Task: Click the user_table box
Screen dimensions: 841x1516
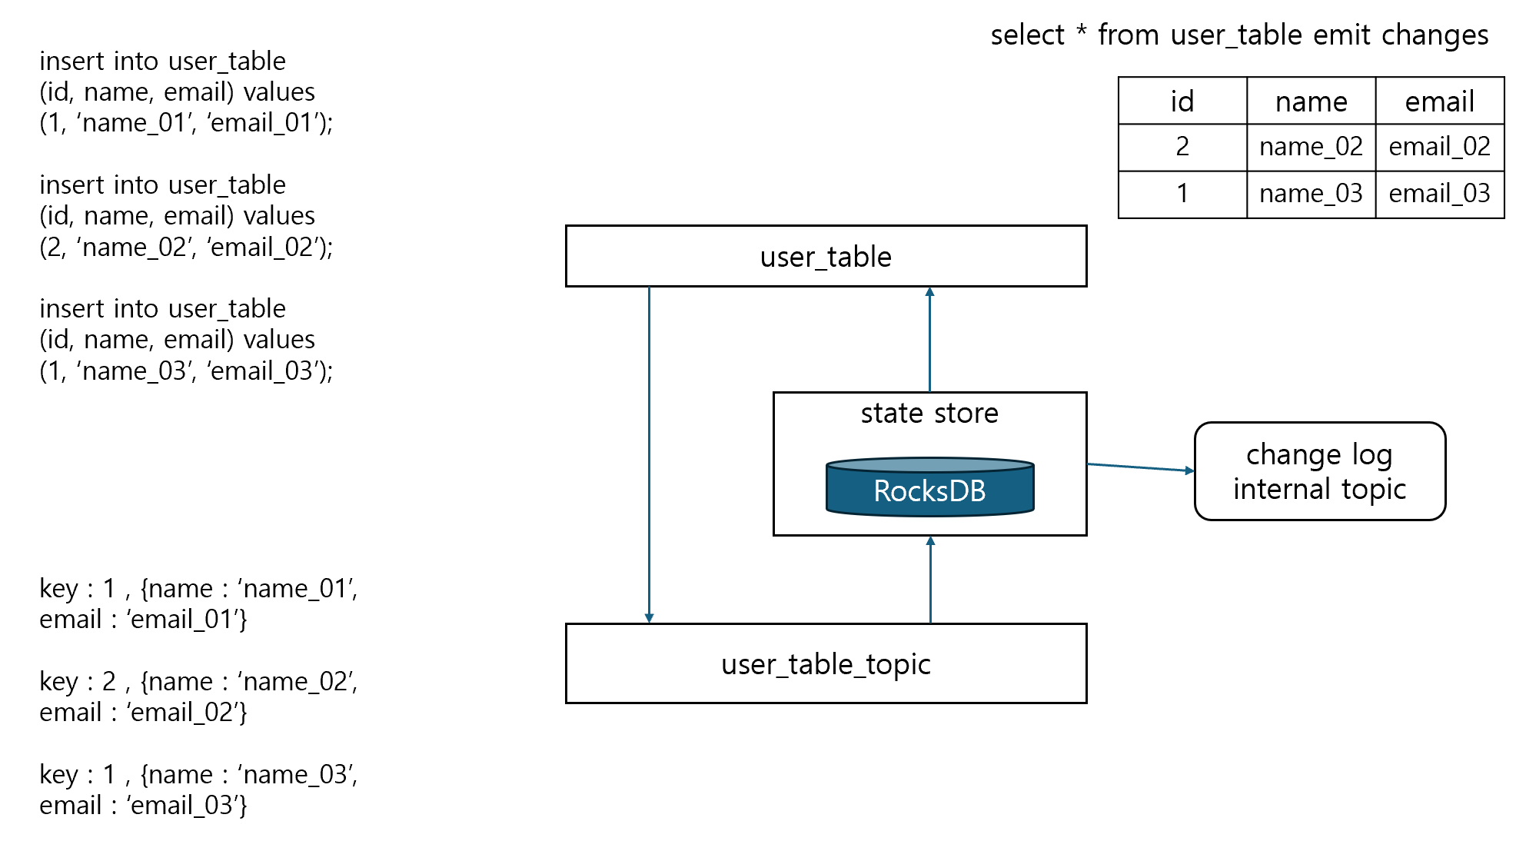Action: [826, 256]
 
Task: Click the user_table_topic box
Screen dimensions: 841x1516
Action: [826, 663]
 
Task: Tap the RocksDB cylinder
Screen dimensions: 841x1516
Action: [929, 489]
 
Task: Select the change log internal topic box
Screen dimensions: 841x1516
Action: [1319, 471]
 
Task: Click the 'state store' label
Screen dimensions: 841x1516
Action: [929, 414]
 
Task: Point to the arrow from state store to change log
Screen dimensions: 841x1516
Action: [1140, 467]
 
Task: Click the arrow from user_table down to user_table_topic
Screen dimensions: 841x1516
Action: [649, 454]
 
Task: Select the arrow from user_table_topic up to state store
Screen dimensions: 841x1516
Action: [930, 580]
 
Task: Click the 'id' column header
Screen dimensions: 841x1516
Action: [1182, 101]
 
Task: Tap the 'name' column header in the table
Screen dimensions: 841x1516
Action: [1311, 101]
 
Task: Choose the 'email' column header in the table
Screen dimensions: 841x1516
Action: [1439, 101]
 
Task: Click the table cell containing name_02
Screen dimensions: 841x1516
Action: [1311, 147]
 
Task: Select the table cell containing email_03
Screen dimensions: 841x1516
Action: [1439, 194]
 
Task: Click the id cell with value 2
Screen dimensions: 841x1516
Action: [1182, 147]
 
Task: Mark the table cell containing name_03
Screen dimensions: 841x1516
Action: [1311, 194]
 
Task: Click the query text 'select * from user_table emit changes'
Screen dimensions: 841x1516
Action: [1238, 35]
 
